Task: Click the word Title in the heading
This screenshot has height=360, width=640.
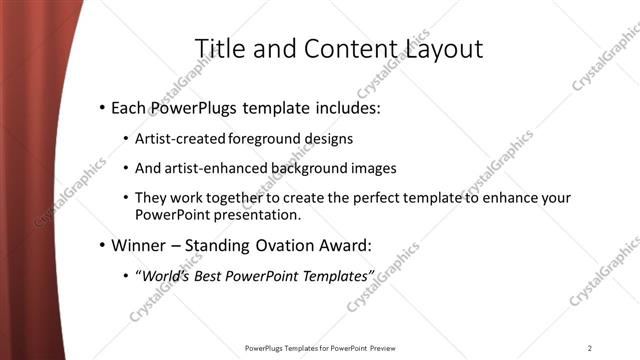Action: coord(218,49)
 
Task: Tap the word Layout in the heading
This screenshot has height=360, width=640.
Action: coord(445,49)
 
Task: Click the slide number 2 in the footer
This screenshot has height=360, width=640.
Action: coord(590,348)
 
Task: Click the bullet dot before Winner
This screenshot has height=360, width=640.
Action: coord(102,246)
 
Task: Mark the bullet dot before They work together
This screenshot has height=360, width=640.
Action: coord(126,199)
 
